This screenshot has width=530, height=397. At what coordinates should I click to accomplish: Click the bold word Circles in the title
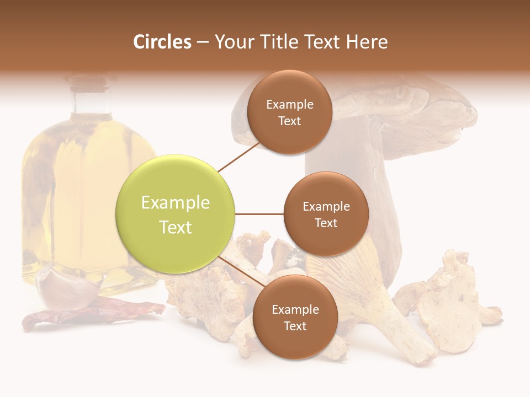[162, 42]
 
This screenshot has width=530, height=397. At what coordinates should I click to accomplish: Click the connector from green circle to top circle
[239, 157]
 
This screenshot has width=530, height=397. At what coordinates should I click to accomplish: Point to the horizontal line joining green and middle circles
[259, 214]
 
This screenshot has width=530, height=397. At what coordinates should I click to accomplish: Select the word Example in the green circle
[176, 203]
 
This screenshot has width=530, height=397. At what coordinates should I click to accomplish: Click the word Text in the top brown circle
[289, 121]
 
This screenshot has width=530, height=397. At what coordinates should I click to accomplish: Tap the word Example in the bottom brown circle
[295, 310]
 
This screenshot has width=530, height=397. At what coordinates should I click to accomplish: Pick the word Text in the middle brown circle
[326, 223]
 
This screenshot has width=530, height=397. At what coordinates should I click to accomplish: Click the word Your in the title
[232, 42]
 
